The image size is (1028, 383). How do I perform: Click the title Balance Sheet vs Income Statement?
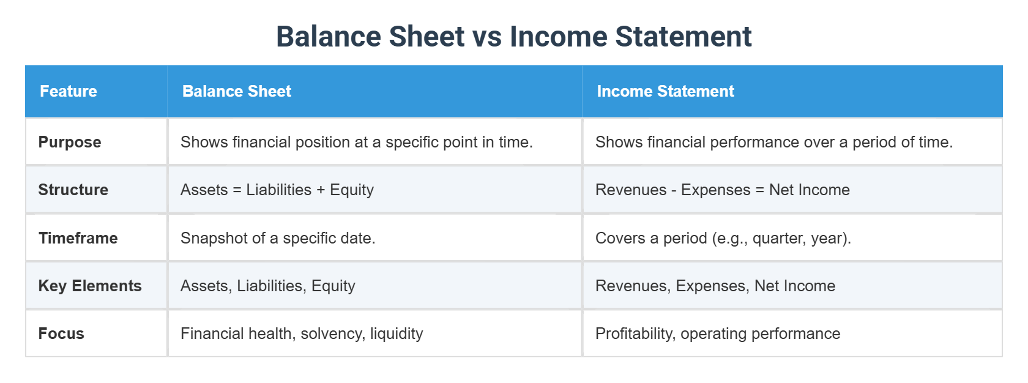(x=513, y=36)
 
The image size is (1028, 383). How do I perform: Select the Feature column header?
(x=69, y=91)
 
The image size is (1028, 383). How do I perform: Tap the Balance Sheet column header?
(x=237, y=91)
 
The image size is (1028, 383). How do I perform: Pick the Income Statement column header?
(x=665, y=91)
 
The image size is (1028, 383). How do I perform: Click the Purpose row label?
(x=70, y=142)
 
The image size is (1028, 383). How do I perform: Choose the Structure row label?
(x=73, y=190)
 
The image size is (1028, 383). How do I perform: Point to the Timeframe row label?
(x=78, y=238)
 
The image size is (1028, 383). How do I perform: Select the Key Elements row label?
(x=90, y=286)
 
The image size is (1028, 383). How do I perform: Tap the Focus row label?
(x=61, y=333)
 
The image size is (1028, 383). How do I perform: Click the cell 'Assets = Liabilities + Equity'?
(x=277, y=190)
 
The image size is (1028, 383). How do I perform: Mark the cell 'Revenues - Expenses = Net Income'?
(x=723, y=190)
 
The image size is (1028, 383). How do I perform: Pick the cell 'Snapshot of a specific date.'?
(x=278, y=238)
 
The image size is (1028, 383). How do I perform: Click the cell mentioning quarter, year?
(x=723, y=238)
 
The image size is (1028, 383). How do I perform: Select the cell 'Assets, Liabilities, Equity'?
(x=268, y=286)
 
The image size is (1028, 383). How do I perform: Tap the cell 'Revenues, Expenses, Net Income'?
(x=715, y=286)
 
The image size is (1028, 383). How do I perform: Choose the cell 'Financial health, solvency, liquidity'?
(x=302, y=333)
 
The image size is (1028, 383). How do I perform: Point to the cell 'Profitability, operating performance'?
(x=718, y=333)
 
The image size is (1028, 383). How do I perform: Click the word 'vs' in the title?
(x=487, y=37)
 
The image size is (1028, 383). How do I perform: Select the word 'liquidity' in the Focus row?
(x=397, y=333)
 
